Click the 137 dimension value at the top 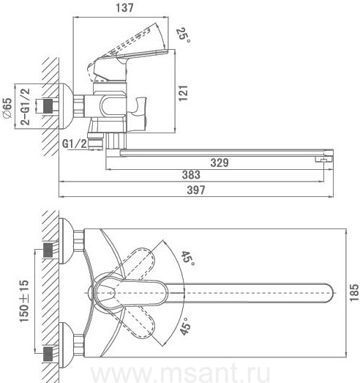coord(124,7)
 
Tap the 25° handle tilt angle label coord(184,35)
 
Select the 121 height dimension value coord(184,93)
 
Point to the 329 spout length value coord(220,163)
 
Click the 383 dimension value coord(191,175)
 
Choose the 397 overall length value coord(196,190)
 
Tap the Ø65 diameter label coord(7,108)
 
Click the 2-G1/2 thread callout coord(25,107)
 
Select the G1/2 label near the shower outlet coord(75,144)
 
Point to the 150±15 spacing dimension coord(24,301)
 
